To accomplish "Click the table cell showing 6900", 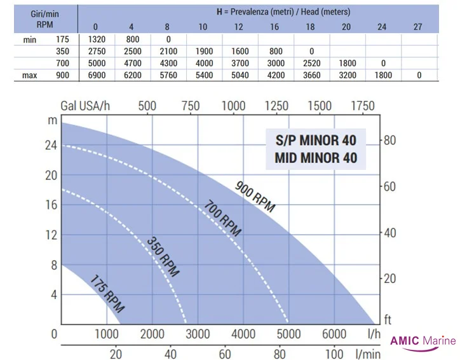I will (95, 75).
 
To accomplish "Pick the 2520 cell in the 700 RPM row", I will (311, 63).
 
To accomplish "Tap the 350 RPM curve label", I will (163, 256).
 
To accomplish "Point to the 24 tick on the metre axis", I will (50, 145).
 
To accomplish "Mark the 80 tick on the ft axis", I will (391, 141).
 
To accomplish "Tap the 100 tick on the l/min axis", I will (334, 354).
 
